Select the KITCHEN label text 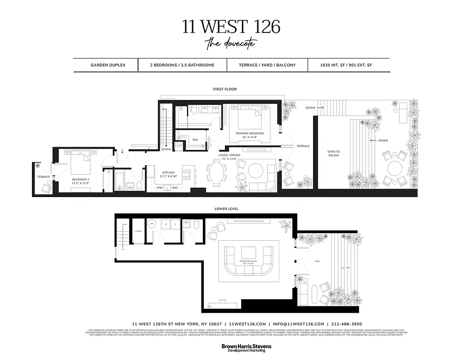(x=169, y=172)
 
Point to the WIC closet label (x=195, y=140)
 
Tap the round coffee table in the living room (x=256, y=171)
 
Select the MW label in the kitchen (x=160, y=188)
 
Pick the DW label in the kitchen (x=175, y=188)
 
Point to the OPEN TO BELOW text (x=334, y=153)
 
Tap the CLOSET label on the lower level (x=139, y=231)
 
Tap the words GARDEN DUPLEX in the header (x=108, y=65)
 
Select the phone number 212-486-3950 (x=346, y=324)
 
